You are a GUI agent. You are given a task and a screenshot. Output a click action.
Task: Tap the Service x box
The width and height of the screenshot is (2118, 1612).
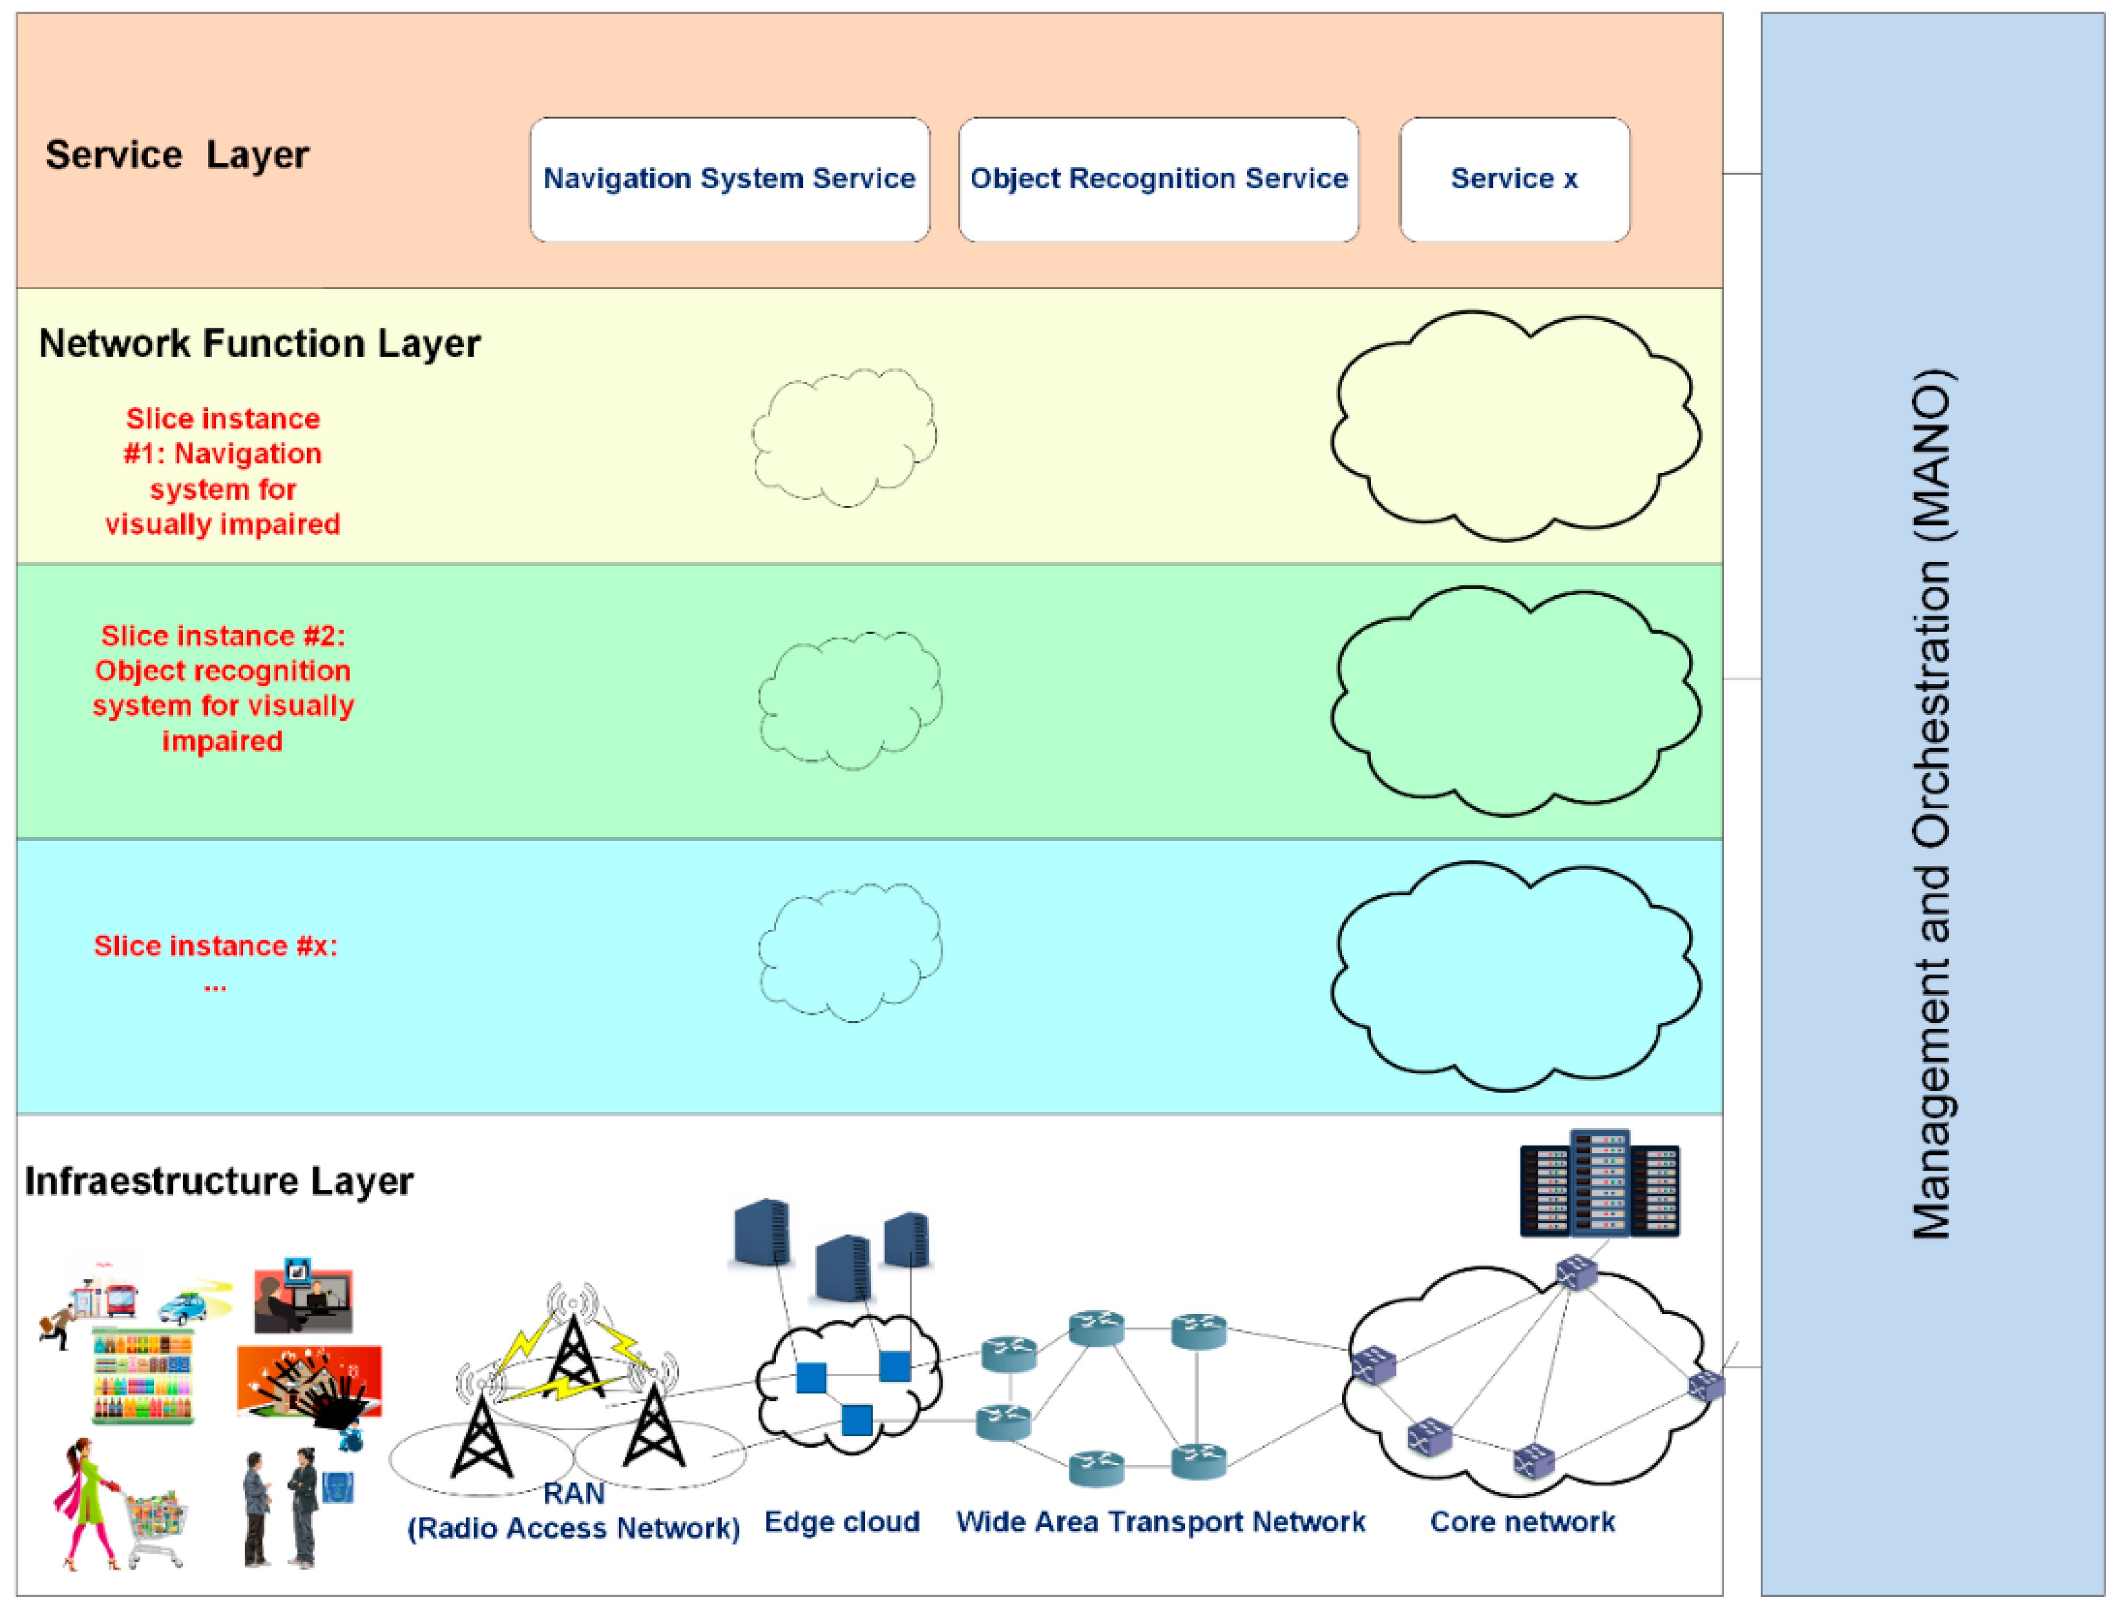pos(1513,179)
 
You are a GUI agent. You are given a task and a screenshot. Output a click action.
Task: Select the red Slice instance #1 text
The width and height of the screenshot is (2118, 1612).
pos(223,471)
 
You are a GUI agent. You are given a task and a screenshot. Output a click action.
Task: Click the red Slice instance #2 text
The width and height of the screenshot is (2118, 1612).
pos(223,688)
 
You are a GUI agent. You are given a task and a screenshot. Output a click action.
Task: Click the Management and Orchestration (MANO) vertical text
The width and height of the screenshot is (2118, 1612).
pos(1931,806)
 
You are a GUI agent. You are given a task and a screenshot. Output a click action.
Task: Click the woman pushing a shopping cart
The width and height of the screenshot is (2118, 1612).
pos(115,1504)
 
